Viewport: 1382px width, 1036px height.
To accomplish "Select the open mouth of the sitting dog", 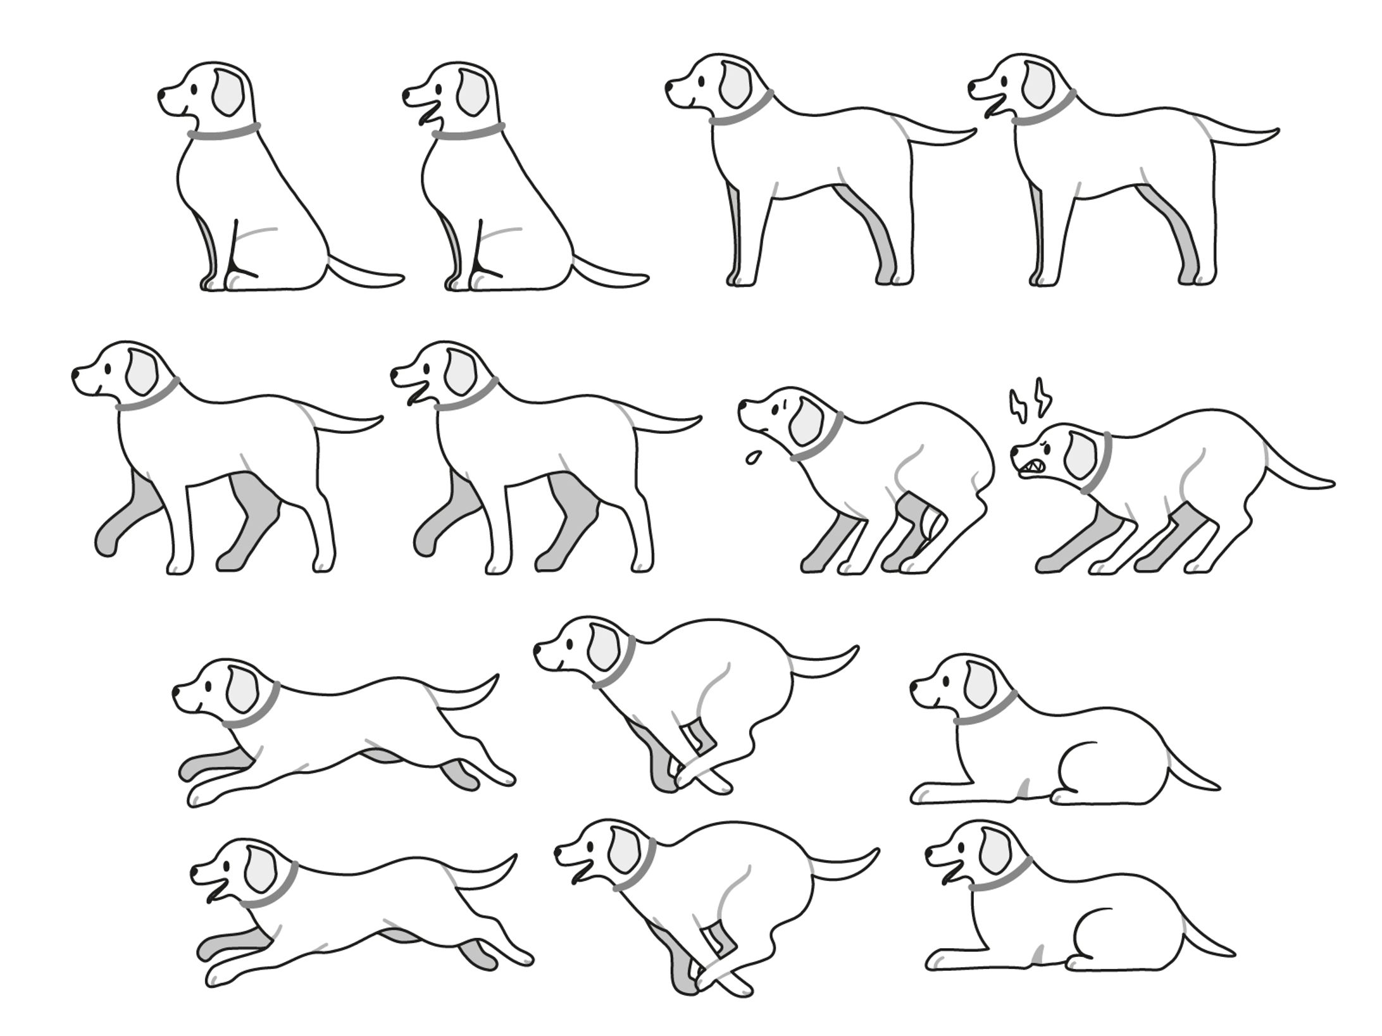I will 431,116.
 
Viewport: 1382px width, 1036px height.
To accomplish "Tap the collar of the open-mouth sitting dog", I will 469,132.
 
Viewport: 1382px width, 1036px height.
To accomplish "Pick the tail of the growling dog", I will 1297,474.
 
